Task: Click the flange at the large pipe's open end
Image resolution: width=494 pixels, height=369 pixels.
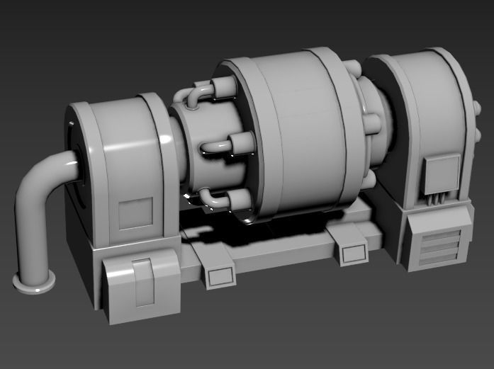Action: coord(34,282)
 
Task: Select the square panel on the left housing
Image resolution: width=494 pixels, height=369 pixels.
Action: coord(135,213)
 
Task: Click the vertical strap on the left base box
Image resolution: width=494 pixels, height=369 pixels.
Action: coord(144,282)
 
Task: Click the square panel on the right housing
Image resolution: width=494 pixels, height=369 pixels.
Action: coord(442,174)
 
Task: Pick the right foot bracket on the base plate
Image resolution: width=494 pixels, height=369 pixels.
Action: coord(351,252)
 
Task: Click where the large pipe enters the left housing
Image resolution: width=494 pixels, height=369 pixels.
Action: coord(74,166)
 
